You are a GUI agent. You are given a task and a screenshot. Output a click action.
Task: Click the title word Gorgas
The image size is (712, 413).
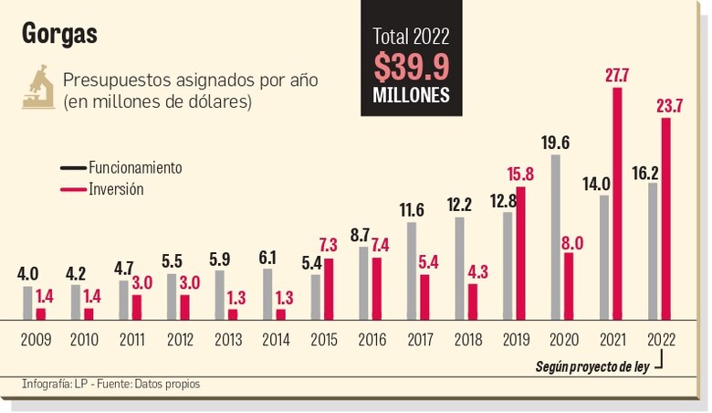point(59,35)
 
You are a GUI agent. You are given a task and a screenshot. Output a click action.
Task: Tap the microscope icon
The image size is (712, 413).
point(38,88)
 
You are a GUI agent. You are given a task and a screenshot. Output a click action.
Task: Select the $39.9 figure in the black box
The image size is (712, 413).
point(411,67)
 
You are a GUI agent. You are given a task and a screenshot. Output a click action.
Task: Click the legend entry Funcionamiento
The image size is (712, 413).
point(135,168)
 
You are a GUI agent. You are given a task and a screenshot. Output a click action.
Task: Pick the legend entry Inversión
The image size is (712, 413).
point(116,189)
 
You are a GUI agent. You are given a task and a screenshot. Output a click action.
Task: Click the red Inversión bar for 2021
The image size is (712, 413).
point(618,204)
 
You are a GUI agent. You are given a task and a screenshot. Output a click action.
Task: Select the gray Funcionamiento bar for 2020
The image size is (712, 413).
point(556,238)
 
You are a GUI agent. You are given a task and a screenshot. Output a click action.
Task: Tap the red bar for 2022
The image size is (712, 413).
point(665,219)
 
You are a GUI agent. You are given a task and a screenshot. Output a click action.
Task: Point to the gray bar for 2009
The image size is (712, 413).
point(27,303)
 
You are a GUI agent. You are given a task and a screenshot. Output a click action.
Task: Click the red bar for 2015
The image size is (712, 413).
point(329,289)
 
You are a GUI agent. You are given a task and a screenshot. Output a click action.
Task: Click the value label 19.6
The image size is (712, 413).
point(555,143)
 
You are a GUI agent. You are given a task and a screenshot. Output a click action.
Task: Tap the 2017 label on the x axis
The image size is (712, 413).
point(418,340)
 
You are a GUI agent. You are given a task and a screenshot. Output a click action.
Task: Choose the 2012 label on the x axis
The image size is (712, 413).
point(180,340)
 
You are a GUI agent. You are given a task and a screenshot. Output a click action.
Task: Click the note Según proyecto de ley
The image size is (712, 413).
point(594,367)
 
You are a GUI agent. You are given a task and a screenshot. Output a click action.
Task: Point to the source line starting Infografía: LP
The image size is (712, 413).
point(110,385)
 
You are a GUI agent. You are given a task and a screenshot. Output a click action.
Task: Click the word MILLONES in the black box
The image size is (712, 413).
point(411,95)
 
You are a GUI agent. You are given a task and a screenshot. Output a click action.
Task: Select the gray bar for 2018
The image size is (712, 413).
point(460,269)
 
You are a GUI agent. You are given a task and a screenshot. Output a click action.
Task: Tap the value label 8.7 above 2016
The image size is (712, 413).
point(360,235)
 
